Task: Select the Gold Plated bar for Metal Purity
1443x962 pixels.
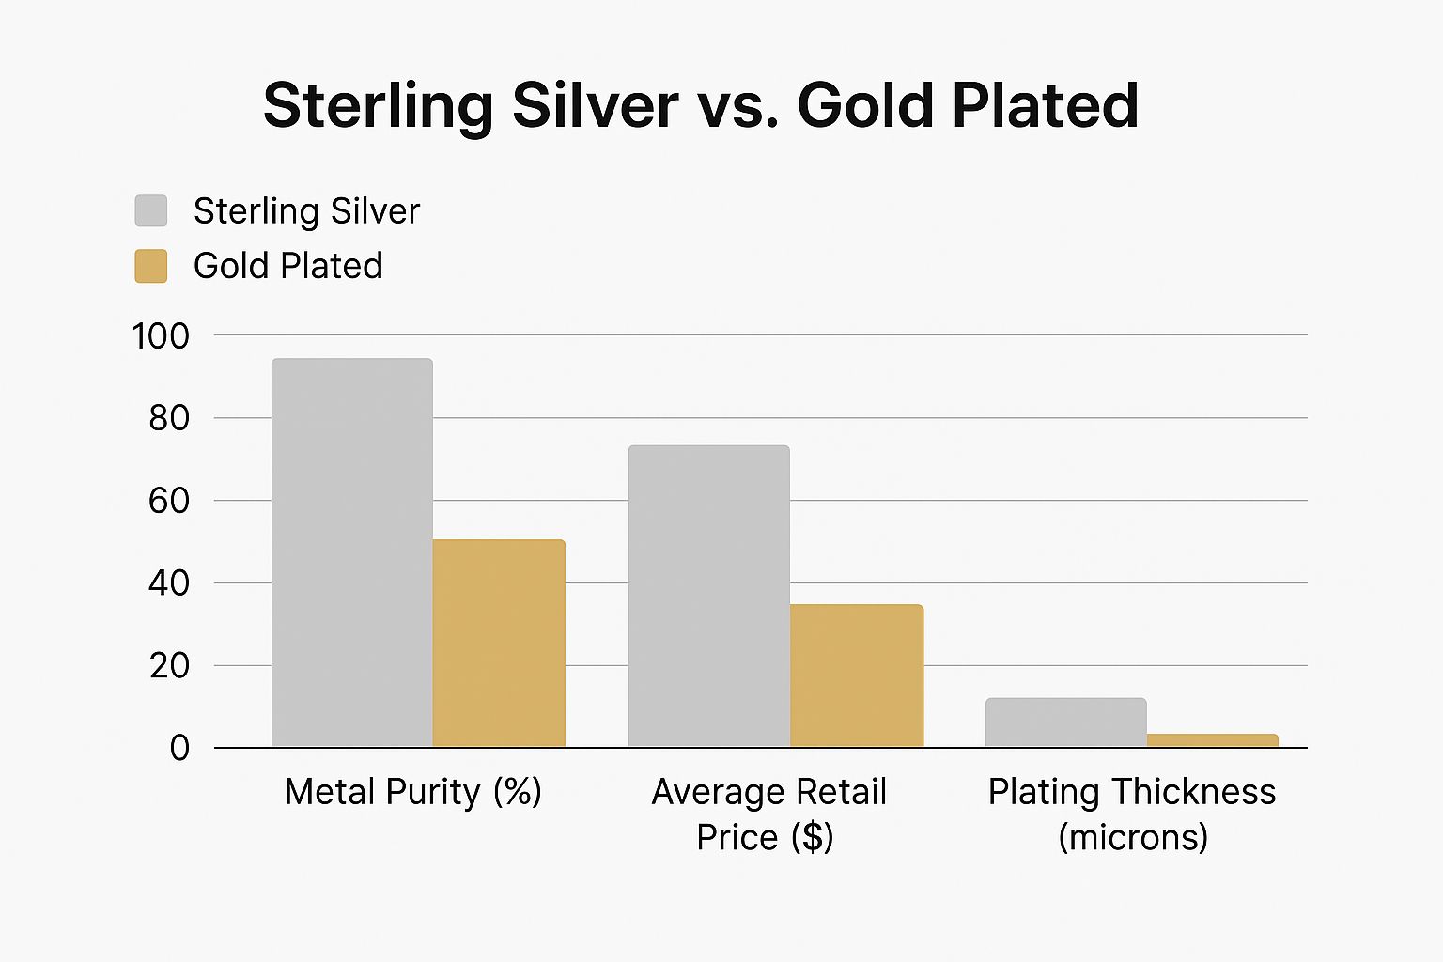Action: point(499,644)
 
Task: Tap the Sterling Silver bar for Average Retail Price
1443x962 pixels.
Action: point(709,597)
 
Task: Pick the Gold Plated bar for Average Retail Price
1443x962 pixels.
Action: point(857,675)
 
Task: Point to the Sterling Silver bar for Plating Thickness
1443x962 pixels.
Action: point(1066,722)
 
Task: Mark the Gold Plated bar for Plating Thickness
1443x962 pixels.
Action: point(1213,740)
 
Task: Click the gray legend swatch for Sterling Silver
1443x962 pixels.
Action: point(151,211)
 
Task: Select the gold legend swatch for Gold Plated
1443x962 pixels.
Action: point(151,266)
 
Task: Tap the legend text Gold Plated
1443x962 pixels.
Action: point(288,266)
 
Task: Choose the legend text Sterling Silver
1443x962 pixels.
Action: point(306,211)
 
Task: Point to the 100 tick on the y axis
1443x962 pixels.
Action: point(161,336)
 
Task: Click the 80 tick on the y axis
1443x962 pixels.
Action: point(169,418)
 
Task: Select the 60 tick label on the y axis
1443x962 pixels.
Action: point(169,501)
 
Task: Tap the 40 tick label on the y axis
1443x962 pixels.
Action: point(169,583)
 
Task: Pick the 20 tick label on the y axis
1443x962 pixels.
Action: point(169,666)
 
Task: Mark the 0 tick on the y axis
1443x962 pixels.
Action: point(179,749)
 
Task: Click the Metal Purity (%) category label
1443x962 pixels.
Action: point(413,792)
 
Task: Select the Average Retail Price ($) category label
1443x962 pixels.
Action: point(768,814)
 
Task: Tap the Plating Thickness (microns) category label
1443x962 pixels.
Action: point(1132,814)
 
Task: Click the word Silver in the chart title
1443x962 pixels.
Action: point(595,105)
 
